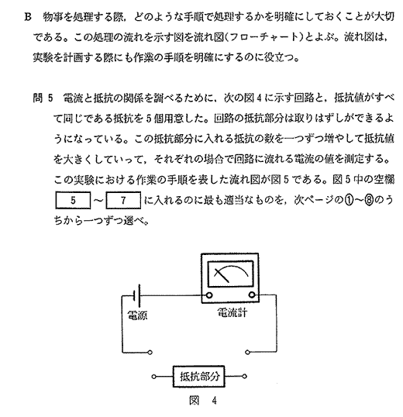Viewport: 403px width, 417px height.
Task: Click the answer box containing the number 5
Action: point(73,200)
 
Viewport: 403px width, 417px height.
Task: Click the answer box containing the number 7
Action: point(123,200)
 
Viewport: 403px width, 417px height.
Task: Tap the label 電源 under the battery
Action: point(137,315)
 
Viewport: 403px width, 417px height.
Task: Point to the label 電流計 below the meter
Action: point(232,312)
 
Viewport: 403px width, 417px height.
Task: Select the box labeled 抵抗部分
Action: point(199,377)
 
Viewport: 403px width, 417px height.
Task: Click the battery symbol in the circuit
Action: point(137,295)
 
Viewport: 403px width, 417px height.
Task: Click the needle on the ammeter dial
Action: point(222,275)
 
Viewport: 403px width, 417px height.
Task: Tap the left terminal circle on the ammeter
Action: point(209,295)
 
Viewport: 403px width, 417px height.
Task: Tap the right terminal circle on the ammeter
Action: point(252,295)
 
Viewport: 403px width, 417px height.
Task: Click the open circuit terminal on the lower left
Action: point(150,353)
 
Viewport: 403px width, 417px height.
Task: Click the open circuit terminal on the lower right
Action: point(247,353)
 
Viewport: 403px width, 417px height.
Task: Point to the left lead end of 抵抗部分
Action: point(153,377)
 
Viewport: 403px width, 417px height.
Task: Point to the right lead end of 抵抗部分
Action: point(245,377)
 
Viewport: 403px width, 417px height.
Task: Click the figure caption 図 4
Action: point(202,401)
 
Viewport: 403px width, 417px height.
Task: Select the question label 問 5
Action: point(43,98)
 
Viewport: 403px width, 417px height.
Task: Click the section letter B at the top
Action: point(28,17)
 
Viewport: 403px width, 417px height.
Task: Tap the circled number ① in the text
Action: point(350,200)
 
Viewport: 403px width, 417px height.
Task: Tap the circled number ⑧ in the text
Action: point(370,200)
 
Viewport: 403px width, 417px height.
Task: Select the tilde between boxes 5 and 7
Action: point(98,201)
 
